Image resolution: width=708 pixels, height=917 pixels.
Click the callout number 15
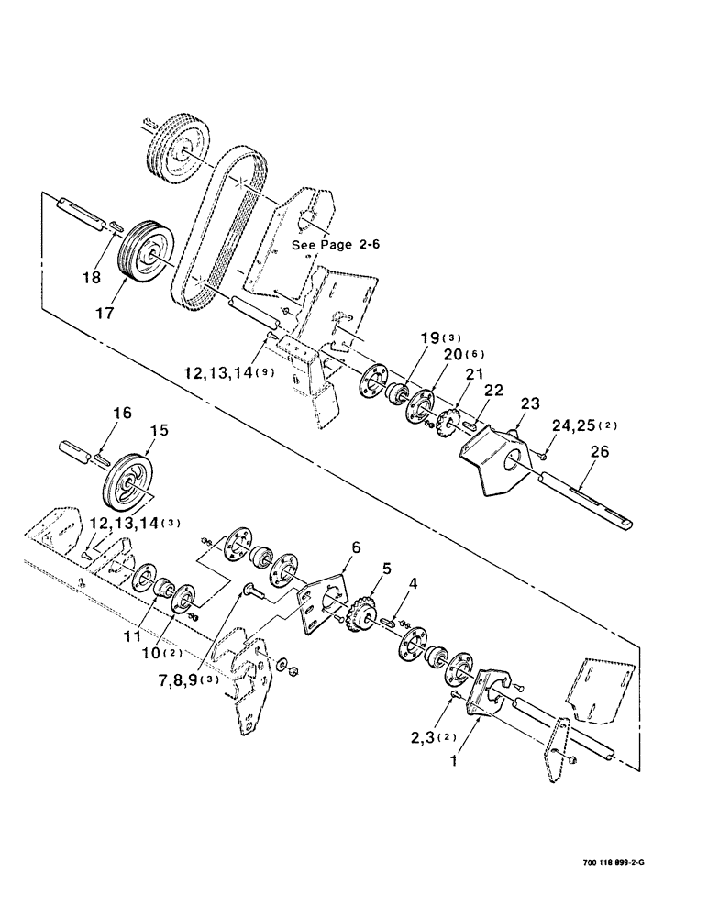point(160,428)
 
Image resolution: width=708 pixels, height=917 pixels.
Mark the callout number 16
point(123,415)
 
